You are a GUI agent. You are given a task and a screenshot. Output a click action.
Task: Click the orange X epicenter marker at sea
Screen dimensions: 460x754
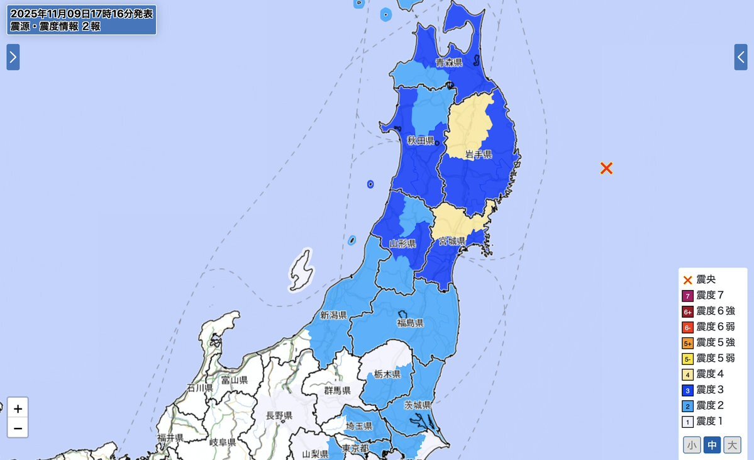pyautogui.click(x=606, y=168)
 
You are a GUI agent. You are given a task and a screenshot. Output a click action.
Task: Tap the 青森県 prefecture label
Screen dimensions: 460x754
pyautogui.click(x=449, y=62)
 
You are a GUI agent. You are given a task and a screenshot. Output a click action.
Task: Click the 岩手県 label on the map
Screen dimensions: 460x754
pyautogui.click(x=479, y=154)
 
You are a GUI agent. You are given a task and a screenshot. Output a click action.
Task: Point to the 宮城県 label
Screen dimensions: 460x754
pyautogui.click(x=452, y=241)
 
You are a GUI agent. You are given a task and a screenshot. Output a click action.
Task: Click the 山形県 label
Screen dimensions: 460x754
pyautogui.click(x=402, y=244)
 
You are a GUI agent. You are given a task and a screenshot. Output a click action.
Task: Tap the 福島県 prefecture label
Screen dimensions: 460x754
pyautogui.click(x=410, y=323)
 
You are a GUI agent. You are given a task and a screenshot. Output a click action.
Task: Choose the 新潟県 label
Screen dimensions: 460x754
pyautogui.click(x=333, y=315)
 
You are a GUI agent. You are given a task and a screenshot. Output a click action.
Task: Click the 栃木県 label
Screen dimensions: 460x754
pyautogui.click(x=387, y=374)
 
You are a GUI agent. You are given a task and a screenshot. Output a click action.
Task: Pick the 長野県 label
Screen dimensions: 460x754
pyautogui.click(x=279, y=415)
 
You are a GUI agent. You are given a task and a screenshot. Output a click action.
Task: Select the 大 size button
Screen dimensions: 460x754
pyautogui.click(x=732, y=445)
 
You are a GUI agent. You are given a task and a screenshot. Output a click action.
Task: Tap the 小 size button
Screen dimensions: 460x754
pyautogui.click(x=692, y=445)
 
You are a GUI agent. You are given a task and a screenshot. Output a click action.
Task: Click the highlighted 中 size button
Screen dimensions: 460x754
pyautogui.click(x=712, y=445)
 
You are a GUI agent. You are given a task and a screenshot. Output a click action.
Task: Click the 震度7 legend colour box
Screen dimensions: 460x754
pyautogui.click(x=687, y=296)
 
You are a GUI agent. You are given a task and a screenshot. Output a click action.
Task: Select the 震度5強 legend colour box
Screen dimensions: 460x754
pyautogui.click(x=687, y=343)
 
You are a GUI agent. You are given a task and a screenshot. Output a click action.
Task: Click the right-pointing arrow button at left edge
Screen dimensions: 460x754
pyautogui.click(x=13, y=57)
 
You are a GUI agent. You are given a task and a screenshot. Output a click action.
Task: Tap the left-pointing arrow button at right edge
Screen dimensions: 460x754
pyautogui.click(x=741, y=57)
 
